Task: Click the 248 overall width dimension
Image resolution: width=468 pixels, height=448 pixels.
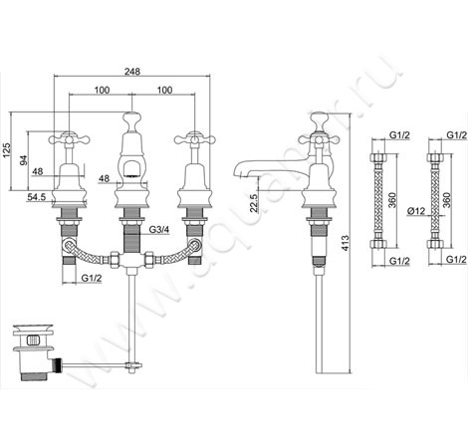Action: click(132, 72)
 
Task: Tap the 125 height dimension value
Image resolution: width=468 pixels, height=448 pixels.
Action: click(7, 150)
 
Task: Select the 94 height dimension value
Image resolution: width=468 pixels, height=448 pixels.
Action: click(23, 160)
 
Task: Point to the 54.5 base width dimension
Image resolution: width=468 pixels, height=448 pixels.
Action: click(36, 197)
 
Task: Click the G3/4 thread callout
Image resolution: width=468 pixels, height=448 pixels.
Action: click(159, 229)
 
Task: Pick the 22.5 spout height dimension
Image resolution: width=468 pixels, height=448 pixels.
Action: click(254, 203)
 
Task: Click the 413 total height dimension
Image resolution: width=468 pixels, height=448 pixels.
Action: click(346, 243)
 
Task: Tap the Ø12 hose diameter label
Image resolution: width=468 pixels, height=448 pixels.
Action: click(416, 211)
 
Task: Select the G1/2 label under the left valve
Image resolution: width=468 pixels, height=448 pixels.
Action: click(92, 278)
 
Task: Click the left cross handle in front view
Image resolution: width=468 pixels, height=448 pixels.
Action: click(69, 138)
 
